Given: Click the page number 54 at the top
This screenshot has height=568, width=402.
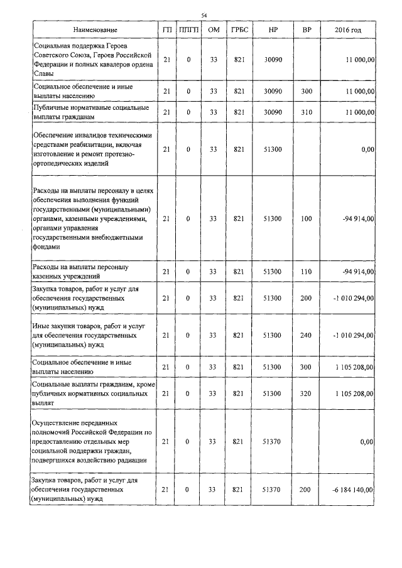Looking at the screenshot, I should coord(204,15).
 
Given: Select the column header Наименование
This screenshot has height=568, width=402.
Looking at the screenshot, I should coord(94,30).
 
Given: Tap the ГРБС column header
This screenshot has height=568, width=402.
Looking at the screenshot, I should coord(238,30).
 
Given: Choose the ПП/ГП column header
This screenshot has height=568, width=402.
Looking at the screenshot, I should coord(188,30).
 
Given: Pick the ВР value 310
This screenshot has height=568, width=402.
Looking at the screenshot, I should coord(306,112).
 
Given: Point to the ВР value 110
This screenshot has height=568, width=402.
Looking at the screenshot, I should coord(306,271).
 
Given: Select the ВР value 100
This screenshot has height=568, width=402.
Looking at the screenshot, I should coord(306,218).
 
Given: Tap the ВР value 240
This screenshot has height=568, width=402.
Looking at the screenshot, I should coord(306,335).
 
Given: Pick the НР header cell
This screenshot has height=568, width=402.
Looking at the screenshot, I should coord(272,30).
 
